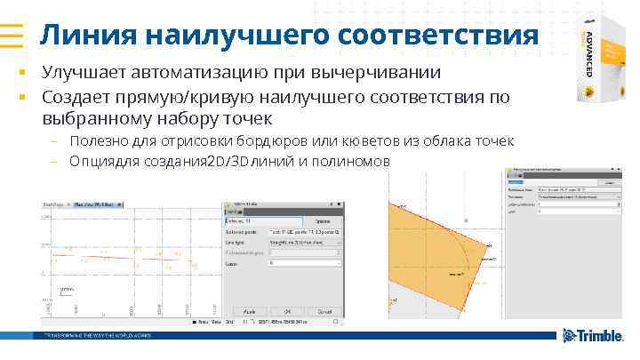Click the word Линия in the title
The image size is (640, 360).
click(x=85, y=36)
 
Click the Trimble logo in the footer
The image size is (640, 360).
click(x=594, y=336)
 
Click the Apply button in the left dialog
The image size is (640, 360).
click(x=250, y=312)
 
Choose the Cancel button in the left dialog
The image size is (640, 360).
click(x=326, y=312)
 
